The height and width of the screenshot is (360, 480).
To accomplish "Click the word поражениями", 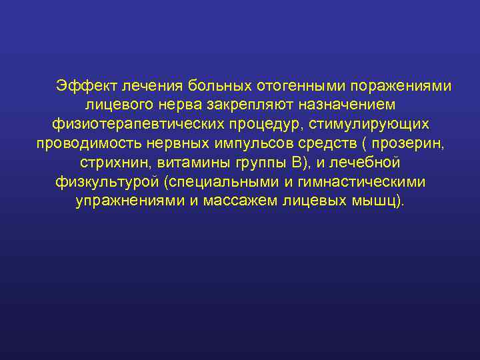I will click(x=393, y=86).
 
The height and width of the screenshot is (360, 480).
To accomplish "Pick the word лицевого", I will click(x=119, y=105).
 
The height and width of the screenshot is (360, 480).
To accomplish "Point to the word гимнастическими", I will click(x=365, y=183).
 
